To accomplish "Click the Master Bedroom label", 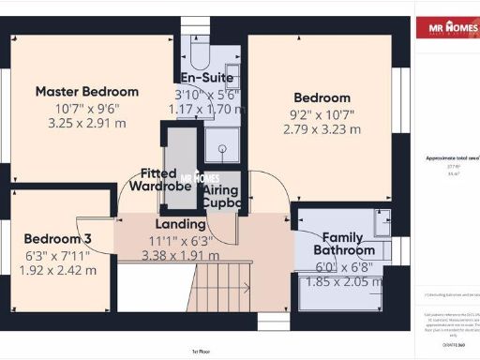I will pyautogui.click(x=87, y=92).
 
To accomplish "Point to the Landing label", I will pyautogui.click(x=181, y=224).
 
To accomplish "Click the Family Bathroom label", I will pyautogui.click(x=344, y=244).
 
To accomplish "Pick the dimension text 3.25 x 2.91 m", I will pyautogui.click(x=87, y=124).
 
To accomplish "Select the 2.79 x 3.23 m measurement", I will pyautogui.click(x=322, y=129).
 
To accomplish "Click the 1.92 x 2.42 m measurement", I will pyautogui.click(x=57, y=270).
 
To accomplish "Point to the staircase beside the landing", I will pyautogui.click(x=225, y=285).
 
